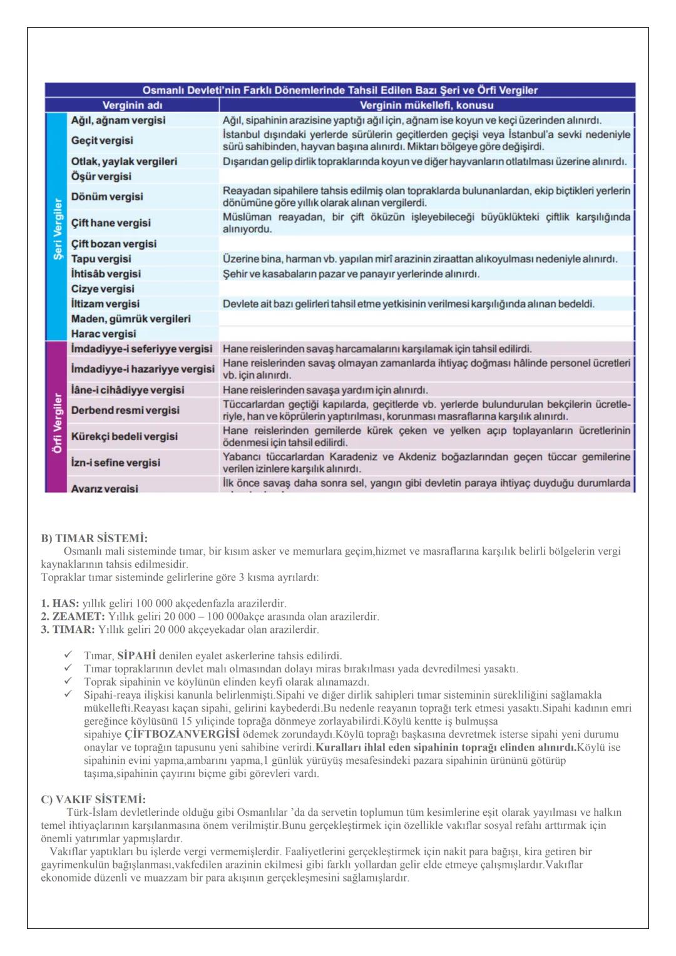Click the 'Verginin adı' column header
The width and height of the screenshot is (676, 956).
pyautogui.click(x=132, y=105)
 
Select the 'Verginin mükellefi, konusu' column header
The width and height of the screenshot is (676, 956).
pyautogui.click(x=426, y=105)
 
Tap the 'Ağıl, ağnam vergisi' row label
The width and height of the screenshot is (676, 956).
pyautogui.click(x=118, y=120)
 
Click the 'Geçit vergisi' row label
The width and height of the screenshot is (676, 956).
pyautogui.click(x=102, y=140)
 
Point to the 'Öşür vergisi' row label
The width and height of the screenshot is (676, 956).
pyautogui.click(x=101, y=177)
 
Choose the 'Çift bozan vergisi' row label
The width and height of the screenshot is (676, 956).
pyautogui.click(x=114, y=244)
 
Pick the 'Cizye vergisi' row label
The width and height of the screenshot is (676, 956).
pyautogui.click(x=103, y=289)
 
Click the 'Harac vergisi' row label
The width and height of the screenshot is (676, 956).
pyautogui.click(x=103, y=334)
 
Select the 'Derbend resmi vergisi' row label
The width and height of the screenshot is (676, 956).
pyautogui.click(x=125, y=410)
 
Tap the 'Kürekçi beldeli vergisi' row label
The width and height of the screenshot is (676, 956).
pyautogui.click(x=125, y=436)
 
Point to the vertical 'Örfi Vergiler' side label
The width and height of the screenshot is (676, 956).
pyautogui.click(x=57, y=423)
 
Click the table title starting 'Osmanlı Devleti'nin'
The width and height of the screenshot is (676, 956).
pyautogui.click(x=340, y=90)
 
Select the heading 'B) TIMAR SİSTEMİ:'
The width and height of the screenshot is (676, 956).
pyautogui.click(x=95, y=538)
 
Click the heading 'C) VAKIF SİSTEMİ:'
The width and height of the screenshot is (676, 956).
pyautogui.click(x=93, y=799)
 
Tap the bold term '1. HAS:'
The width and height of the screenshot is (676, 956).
pyautogui.click(x=60, y=604)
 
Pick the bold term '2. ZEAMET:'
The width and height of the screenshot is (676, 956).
pyautogui.click(x=73, y=617)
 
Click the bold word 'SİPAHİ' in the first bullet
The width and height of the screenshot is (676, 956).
pyautogui.click(x=136, y=656)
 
